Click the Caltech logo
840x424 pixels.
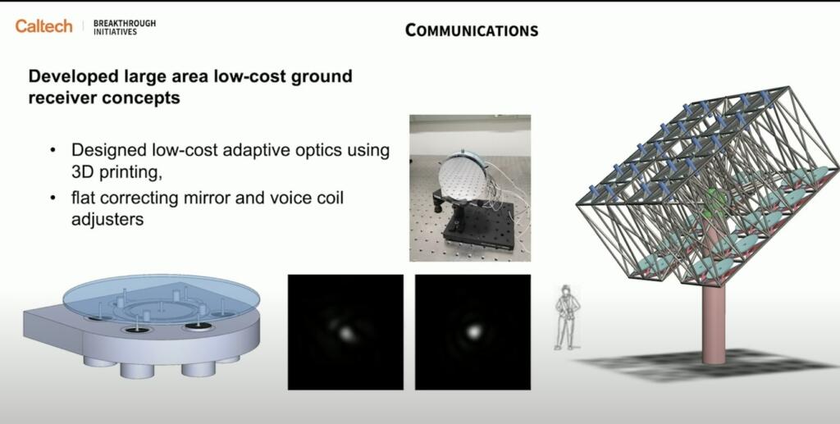pyautogui.click(x=43, y=26)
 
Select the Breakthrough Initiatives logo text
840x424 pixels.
pyautogui.click(x=125, y=28)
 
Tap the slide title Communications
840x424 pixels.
pyautogui.click(x=472, y=30)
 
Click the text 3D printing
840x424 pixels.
pyautogui.click(x=116, y=173)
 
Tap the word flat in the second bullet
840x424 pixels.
pyautogui.click(x=83, y=198)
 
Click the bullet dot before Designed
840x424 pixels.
pyautogui.click(x=52, y=150)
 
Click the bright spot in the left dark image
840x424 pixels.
pyautogui.click(x=346, y=334)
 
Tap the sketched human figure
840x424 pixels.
pyautogui.click(x=568, y=317)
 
